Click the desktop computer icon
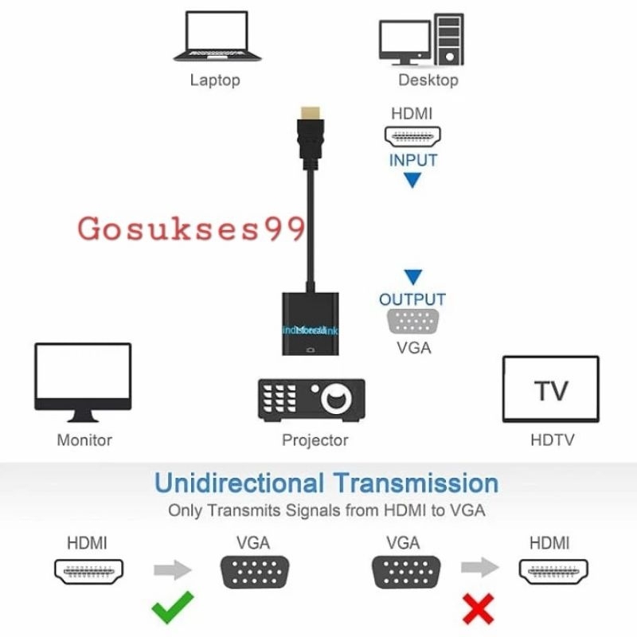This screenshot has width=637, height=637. point(421,38)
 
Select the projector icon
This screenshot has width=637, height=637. point(311,400)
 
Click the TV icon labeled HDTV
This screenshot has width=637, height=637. point(551,389)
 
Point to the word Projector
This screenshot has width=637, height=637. point(315,440)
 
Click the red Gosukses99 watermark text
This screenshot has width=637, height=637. point(191,229)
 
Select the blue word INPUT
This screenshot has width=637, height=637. point(413,160)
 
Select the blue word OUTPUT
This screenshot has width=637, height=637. point(412,300)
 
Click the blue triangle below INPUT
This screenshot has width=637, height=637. point(412,181)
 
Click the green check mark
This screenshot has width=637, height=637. point(172,607)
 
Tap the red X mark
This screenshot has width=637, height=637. point(478,608)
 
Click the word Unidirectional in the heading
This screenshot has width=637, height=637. point(239,483)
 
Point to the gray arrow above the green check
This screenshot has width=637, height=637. point(173,569)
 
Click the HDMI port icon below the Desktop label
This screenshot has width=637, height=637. point(412,136)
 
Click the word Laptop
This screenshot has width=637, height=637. point(214,80)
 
